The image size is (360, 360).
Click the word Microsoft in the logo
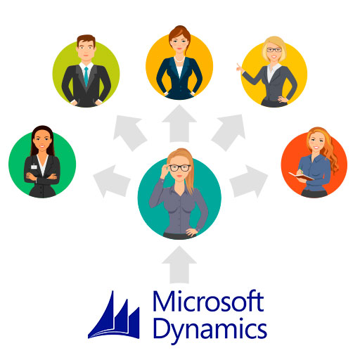click(209, 301)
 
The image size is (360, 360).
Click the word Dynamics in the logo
click(210, 330)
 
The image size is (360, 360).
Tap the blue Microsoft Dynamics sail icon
click(114, 315)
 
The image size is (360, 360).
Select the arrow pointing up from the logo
click(179, 265)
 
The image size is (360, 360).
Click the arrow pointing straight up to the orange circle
click(179, 124)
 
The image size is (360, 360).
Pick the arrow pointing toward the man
click(129, 132)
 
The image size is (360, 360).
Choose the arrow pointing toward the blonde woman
click(229, 132)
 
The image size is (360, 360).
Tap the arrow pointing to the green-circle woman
click(112, 181)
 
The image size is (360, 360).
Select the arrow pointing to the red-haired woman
click(249, 181)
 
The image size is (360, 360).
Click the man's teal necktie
click(86, 77)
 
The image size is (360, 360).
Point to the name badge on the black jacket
click(34, 167)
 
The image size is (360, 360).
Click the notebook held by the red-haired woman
click(301, 176)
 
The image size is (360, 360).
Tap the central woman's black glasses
click(180, 168)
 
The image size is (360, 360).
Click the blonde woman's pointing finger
click(238, 67)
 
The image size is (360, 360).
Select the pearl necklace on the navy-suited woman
click(179, 60)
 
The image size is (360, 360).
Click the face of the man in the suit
click(86, 50)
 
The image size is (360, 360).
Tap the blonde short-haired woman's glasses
click(274, 50)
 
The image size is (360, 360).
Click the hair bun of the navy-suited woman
click(180, 29)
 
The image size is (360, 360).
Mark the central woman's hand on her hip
click(192, 232)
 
